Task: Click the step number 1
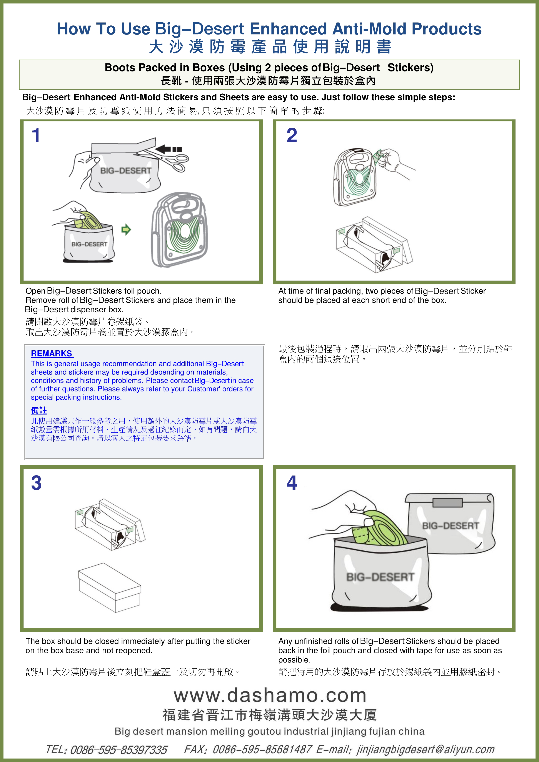coord(36,136)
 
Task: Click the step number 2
coord(292,136)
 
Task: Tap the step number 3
coord(36,483)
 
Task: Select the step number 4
coord(292,483)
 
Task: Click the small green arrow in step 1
coord(126,229)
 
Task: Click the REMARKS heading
coord(52,353)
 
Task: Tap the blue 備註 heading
coord(39,411)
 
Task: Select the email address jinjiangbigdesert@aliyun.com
coord(426,749)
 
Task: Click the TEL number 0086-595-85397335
coord(118,750)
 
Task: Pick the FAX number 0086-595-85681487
coord(262,749)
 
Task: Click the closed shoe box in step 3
coord(110,587)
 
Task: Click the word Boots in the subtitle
coord(120,68)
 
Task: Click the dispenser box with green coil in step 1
coord(180,229)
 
